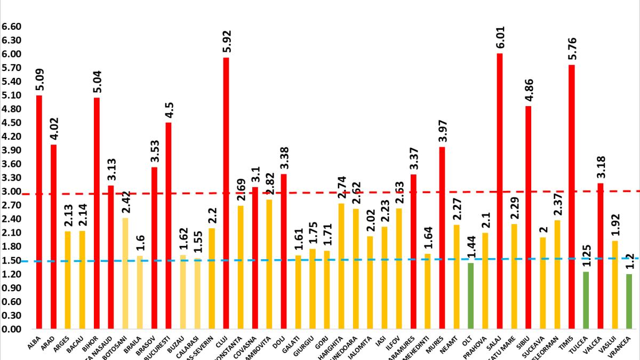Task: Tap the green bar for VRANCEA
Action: click(629, 301)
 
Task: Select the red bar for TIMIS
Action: click(572, 197)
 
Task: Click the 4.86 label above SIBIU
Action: click(528, 91)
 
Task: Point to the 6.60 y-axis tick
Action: click(11, 27)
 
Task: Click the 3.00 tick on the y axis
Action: click(11, 192)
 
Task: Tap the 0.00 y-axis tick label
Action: click(11, 330)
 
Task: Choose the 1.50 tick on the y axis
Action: click(11, 261)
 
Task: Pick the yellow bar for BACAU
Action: click(82, 280)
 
